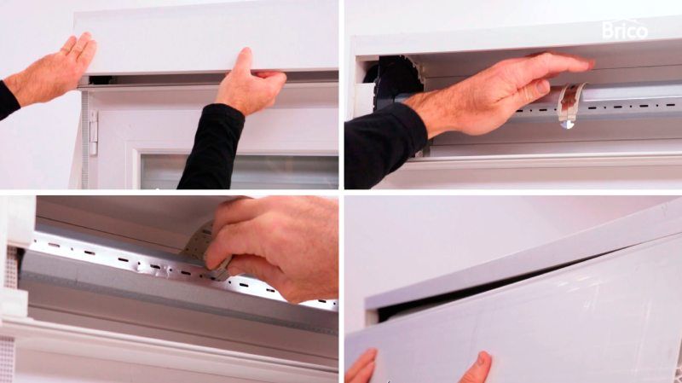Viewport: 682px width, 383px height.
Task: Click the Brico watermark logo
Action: click(625, 30)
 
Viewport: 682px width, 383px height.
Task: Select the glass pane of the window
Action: click(240, 171)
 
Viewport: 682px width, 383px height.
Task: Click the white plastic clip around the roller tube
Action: click(570, 104)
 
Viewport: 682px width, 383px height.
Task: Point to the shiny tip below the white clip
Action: click(567, 125)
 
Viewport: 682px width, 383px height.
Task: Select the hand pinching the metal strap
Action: click(274, 248)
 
